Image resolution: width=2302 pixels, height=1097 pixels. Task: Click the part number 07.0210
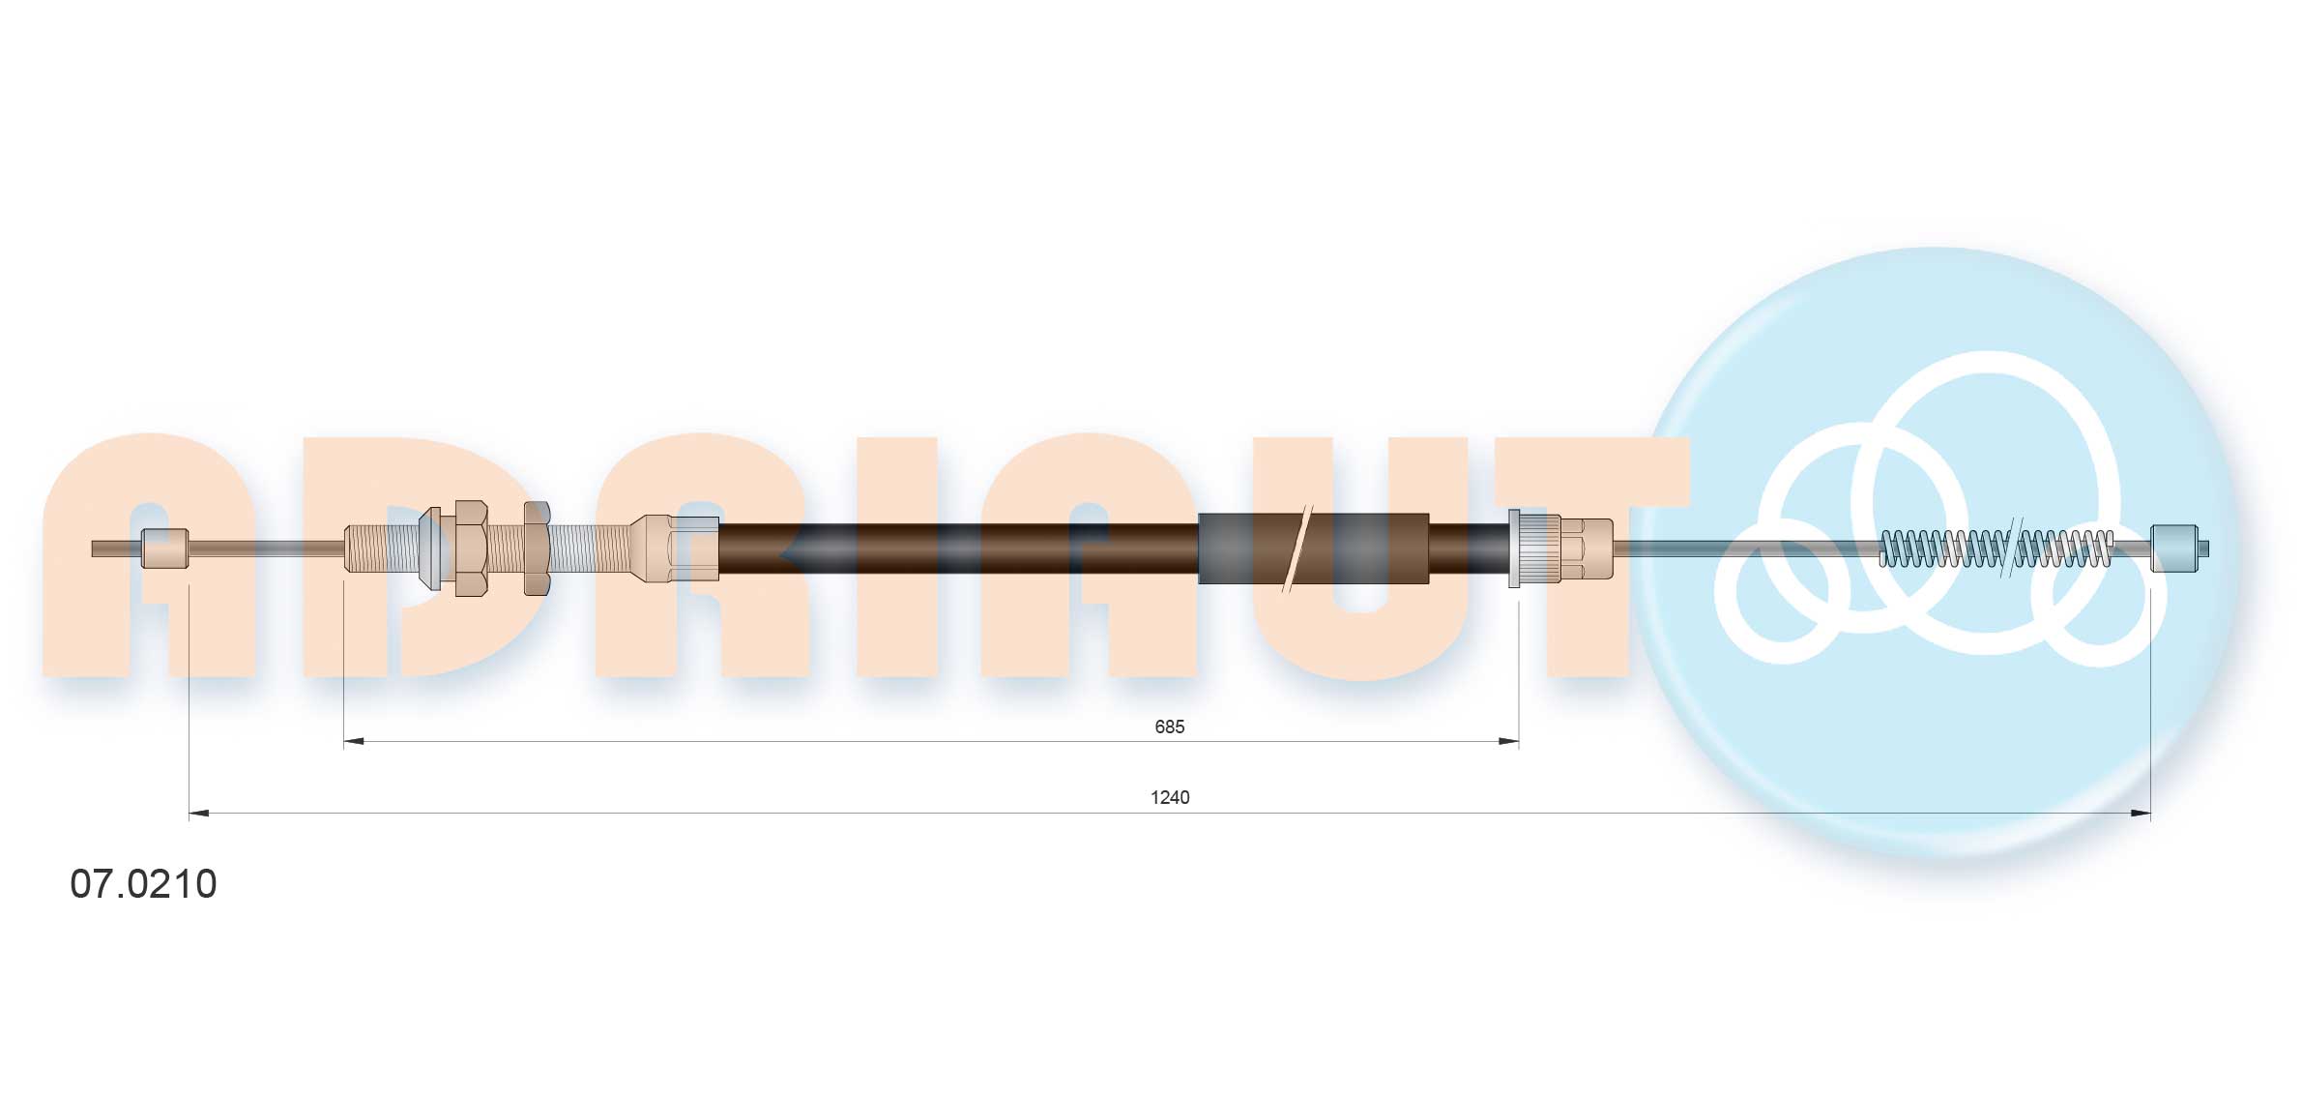pos(143,884)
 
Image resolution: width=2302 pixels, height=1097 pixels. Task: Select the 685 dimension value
pos(1169,726)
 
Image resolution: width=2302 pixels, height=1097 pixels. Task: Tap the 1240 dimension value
pos(1169,797)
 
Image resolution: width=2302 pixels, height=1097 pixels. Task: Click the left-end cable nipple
pos(164,548)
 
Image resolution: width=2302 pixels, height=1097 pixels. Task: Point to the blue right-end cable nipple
pos(2174,548)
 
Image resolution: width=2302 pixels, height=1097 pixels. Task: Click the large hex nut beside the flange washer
pos(470,548)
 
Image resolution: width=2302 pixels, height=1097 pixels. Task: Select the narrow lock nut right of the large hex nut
pos(537,548)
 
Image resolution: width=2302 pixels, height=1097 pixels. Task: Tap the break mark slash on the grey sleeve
pos(1296,548)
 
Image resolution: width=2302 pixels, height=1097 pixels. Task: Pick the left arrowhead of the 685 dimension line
pos(354,742)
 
